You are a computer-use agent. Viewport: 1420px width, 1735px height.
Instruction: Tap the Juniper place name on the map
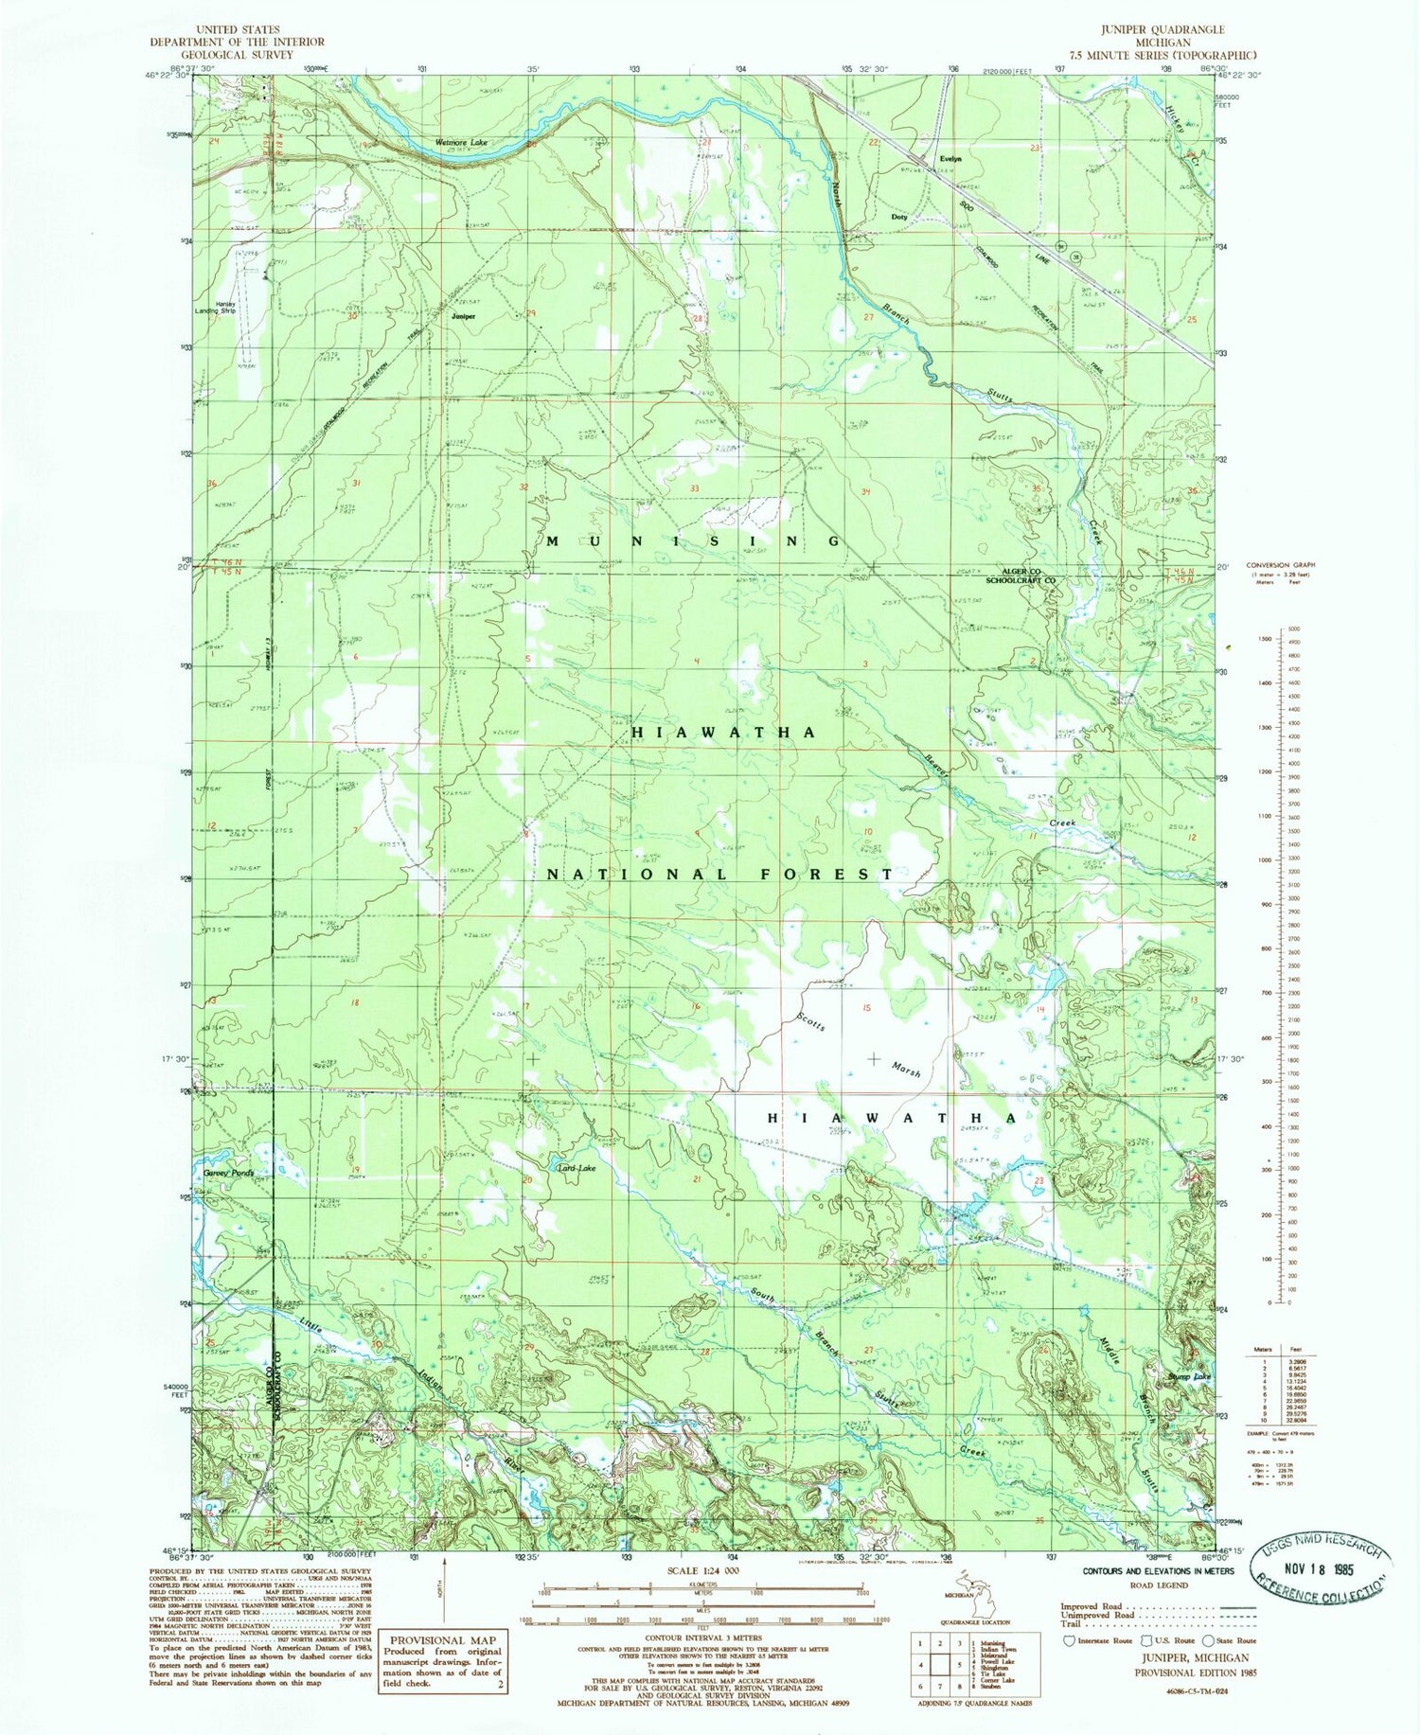463,316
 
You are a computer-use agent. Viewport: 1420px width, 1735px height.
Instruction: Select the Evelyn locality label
950,159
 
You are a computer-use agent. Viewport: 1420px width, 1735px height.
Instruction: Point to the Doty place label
899,217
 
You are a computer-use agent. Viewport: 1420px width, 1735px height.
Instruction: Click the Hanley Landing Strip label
225,307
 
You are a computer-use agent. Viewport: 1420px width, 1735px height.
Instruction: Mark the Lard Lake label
577,1168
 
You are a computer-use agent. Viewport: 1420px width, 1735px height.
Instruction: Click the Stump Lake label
1189,1376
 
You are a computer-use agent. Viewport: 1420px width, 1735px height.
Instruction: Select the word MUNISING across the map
693,541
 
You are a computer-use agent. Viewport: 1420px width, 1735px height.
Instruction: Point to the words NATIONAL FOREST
719,875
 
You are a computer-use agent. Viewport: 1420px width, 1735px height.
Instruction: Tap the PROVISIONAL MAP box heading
442,1640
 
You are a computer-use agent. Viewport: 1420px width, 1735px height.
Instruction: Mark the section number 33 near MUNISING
694,488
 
